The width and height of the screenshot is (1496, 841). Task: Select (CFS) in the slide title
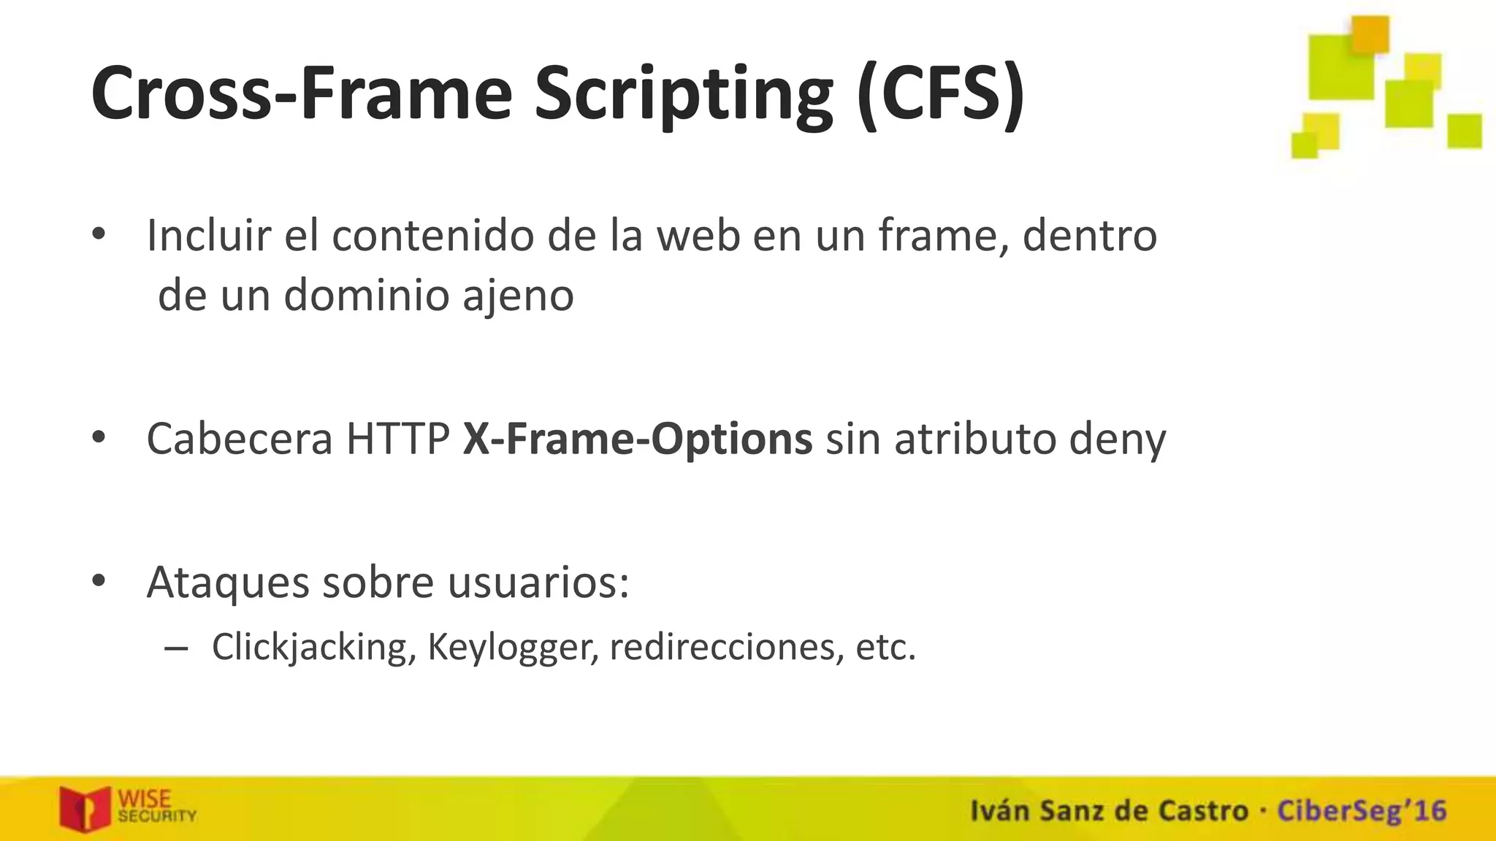[941, 95]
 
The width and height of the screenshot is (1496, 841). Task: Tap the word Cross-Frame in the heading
[302, 95]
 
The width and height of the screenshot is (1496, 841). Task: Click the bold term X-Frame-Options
[637, 439]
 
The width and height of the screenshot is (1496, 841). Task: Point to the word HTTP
[397, 439]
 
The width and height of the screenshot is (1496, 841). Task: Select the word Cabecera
[239, 439]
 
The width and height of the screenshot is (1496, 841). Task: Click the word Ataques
[228, 583]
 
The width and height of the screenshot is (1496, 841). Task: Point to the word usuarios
[538, 582]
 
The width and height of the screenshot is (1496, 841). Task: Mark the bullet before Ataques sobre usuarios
[99, 582]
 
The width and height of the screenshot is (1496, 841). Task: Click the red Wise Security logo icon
[85, 808]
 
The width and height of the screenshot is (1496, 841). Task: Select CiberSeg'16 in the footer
[1362, 811]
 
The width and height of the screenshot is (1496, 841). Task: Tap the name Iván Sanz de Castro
[1109, 811]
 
